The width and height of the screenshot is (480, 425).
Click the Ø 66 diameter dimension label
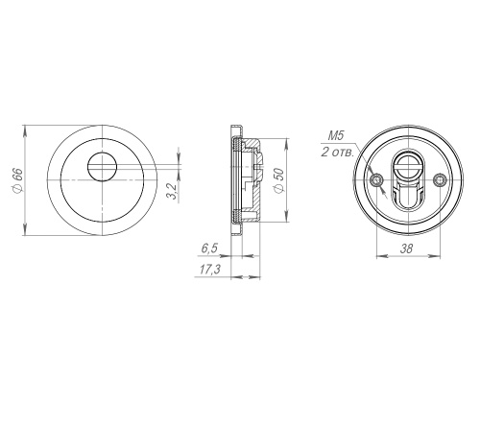(x=17, y=180)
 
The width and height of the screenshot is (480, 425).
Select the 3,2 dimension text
(x=172, y=191)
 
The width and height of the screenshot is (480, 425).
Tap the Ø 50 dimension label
(x=278, y=180)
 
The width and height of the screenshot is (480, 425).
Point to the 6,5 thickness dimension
(x=209, y=248)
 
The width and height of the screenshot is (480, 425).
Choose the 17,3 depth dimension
(x=210, y=270)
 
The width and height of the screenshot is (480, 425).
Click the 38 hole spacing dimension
(x=406, y=248)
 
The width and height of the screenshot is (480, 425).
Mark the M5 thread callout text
(x=336, y=136)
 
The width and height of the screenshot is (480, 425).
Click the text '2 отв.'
(x=338, y=153)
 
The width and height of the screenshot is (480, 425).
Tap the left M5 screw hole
(x=376, y=180)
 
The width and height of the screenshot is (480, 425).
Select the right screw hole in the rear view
(x=439, y=180)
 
